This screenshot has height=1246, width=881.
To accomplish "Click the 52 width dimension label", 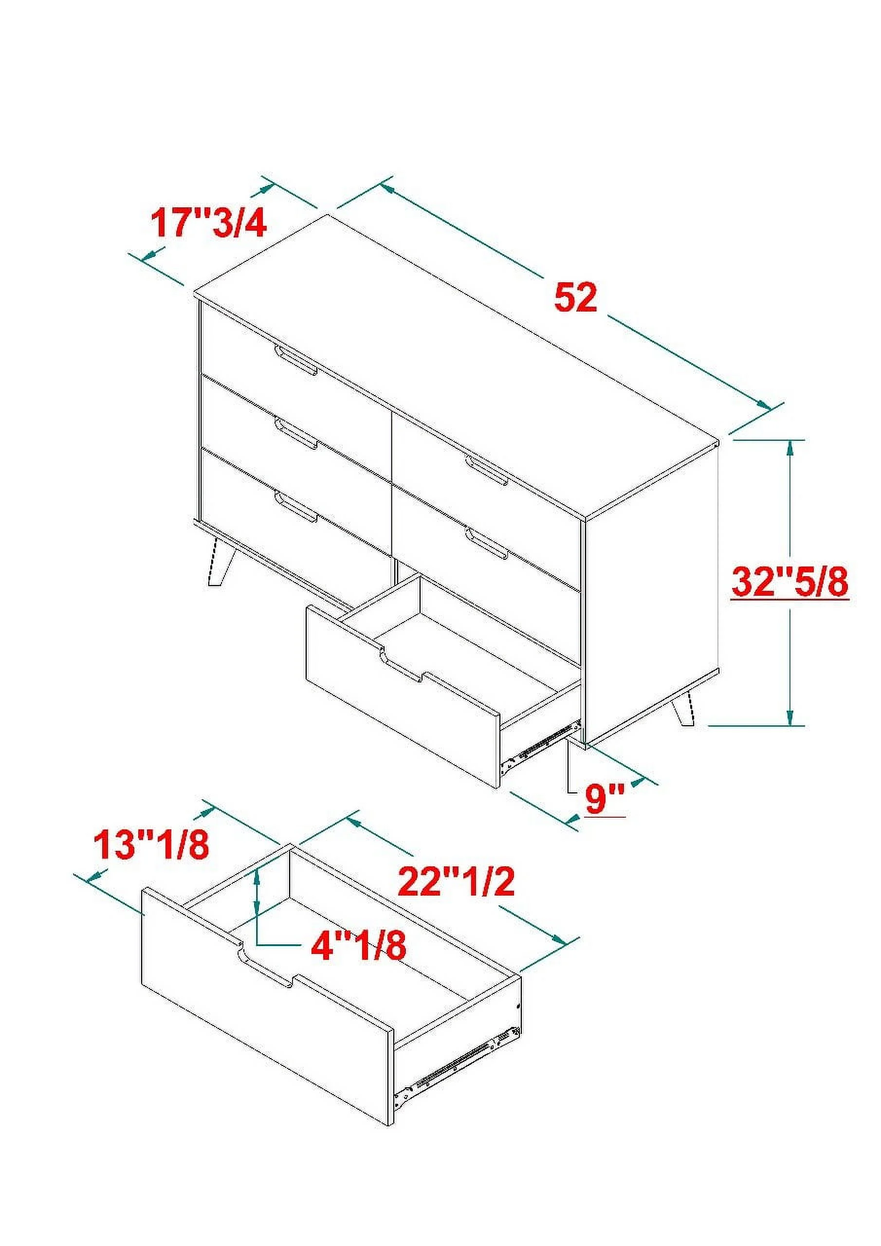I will point(575,298).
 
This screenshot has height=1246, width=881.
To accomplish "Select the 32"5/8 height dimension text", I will point(789,582).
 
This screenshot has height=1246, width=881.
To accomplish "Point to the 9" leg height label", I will point(605,798).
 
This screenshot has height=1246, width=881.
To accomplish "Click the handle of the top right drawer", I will point(487,469).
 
